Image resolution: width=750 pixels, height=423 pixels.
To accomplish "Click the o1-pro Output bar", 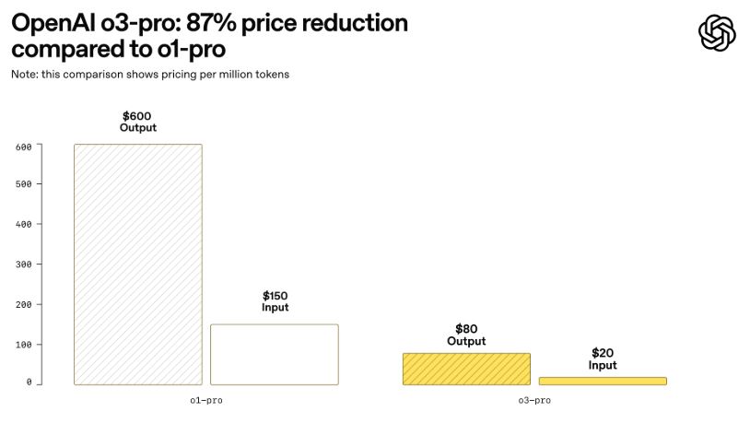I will click(138, 264).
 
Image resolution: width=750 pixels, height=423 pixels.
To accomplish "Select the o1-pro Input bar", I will click(275, 354).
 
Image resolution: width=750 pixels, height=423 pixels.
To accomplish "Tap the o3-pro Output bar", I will click(466, 369).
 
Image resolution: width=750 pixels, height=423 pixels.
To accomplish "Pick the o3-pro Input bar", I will click(603, 381).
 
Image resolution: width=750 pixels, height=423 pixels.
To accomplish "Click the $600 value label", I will click(138, 116).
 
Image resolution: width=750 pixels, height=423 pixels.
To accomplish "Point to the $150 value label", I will click(275, 296).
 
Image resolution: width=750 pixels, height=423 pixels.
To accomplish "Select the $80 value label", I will click(466, 329).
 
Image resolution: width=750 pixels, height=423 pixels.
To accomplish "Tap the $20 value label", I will click(603, 353).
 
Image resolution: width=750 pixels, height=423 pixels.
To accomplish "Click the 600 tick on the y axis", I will click(24, 147).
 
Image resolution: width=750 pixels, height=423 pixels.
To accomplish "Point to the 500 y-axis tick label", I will click(24, 184).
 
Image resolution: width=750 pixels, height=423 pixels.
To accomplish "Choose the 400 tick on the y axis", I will click(24, 224).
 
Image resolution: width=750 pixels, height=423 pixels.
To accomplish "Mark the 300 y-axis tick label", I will click(24, 264).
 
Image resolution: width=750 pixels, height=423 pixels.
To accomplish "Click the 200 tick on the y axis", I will click(24, 304).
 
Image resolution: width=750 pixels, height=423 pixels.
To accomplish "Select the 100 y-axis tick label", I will click(24, 345).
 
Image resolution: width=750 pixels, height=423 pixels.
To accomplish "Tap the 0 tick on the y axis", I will click(29, 382).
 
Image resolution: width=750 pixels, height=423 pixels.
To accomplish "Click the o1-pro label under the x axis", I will click(206, 400).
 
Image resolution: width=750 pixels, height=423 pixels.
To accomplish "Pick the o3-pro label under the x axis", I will click(534, 400).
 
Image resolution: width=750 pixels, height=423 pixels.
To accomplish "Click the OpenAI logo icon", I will click(717, 34).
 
